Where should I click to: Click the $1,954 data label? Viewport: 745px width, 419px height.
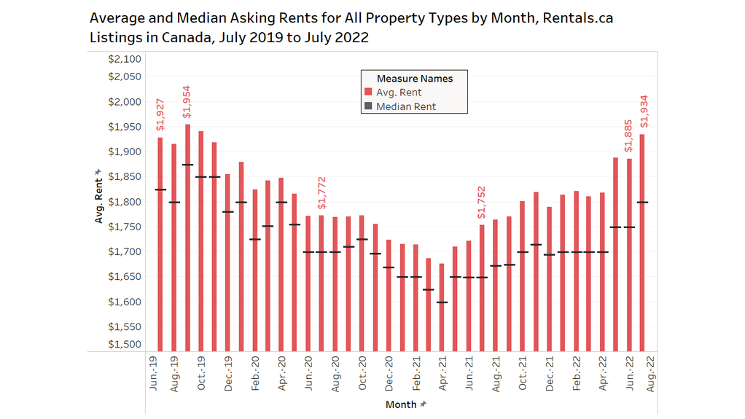point(187,102)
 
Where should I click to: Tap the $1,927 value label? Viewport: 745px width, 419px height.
point(160,115)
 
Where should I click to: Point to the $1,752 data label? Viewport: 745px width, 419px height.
point(481,203)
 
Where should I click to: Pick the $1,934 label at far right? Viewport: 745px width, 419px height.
point(643,112)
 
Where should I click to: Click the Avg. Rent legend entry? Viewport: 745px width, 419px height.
point(399,93)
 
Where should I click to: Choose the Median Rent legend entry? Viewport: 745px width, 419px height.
point(406,106)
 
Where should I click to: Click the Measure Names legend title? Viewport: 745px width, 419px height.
point(414,79)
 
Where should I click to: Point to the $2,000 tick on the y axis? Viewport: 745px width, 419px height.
point(125,102)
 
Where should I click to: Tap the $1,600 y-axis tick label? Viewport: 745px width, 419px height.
point(125,302)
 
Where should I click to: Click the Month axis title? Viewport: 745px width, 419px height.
point(401,404)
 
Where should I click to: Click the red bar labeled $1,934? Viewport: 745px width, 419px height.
point(642,240)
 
